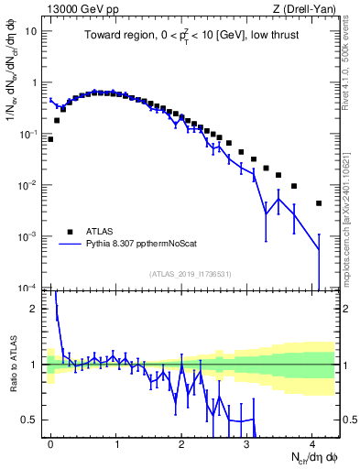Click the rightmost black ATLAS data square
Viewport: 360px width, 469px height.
pyautogui.click(x=319, y=203)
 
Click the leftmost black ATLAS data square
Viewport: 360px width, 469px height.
pyautogui.click(x=50, y=139)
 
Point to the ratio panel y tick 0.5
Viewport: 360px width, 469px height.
pyautogui.click(x=32, y=420)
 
